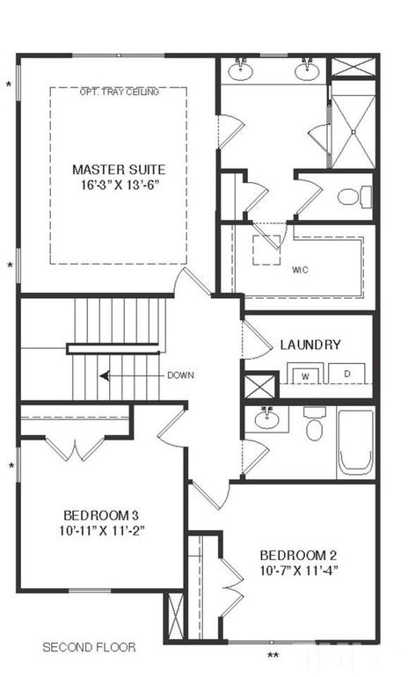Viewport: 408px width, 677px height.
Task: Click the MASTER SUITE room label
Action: (118, 169)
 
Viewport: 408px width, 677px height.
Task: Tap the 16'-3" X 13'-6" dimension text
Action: (118, 186)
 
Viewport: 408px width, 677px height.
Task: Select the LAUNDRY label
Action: (310, 345)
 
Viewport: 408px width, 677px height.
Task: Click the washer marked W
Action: (306, 375)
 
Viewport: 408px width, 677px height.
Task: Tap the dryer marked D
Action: (347, 375)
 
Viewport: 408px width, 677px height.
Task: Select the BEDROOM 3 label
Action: (101, 514)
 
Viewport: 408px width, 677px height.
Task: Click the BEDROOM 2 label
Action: (298, 555)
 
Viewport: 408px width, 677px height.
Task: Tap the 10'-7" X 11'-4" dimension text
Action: (298, 571)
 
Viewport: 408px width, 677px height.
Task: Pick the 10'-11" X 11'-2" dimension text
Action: (101, 530)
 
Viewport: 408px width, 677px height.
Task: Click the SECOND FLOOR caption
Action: (89, 647)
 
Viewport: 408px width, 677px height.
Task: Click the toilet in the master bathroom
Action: (348, 196)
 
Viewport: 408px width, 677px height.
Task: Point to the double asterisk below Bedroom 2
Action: (273, 655)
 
